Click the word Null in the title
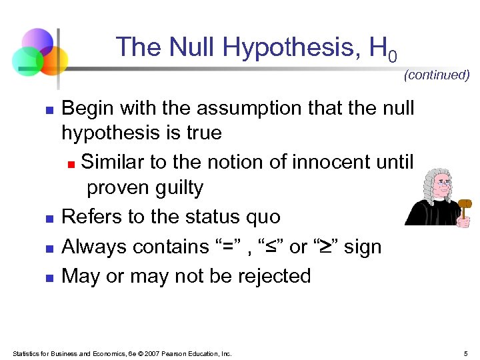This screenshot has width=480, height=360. tap(193, 47)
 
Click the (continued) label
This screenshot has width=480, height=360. tap(437, 75)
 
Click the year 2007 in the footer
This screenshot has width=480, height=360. tap(153, 353)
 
